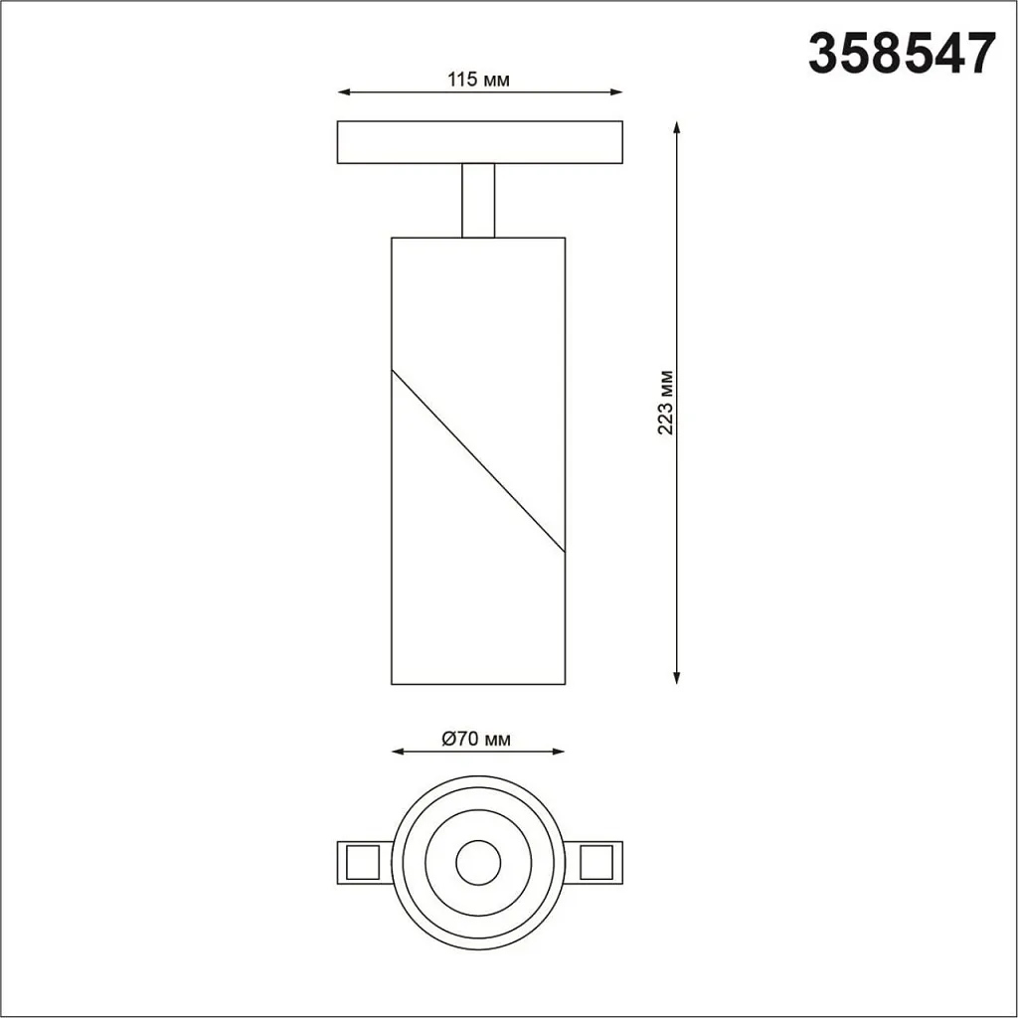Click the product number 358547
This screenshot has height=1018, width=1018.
901,54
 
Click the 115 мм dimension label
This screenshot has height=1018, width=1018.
478,80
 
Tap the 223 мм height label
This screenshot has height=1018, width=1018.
666,403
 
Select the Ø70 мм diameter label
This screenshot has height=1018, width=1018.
477,739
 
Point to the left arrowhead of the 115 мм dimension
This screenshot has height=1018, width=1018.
344,92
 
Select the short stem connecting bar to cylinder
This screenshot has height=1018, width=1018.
478,200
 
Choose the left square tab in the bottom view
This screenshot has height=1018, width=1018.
360,860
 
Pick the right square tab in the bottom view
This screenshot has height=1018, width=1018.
596,860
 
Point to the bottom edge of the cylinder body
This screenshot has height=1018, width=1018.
478,684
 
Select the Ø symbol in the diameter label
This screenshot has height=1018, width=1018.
447,739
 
